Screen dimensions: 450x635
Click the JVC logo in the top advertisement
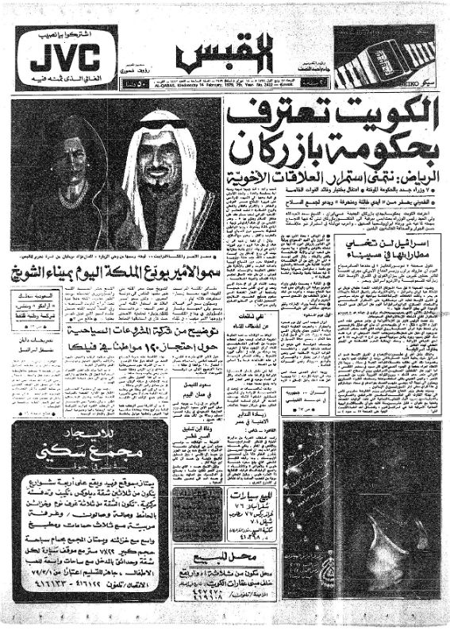[60, 58]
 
